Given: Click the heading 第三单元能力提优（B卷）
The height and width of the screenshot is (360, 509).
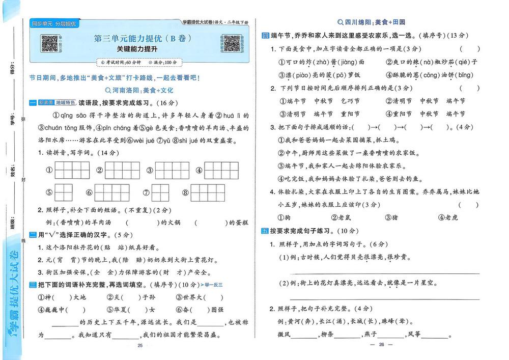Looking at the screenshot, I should (139, 39).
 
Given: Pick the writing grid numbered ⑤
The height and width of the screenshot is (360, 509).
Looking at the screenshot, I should (66, 193).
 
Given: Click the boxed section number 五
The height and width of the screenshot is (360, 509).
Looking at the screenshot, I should (265, 231).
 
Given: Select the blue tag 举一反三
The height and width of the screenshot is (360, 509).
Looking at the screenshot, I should (213, 285).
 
